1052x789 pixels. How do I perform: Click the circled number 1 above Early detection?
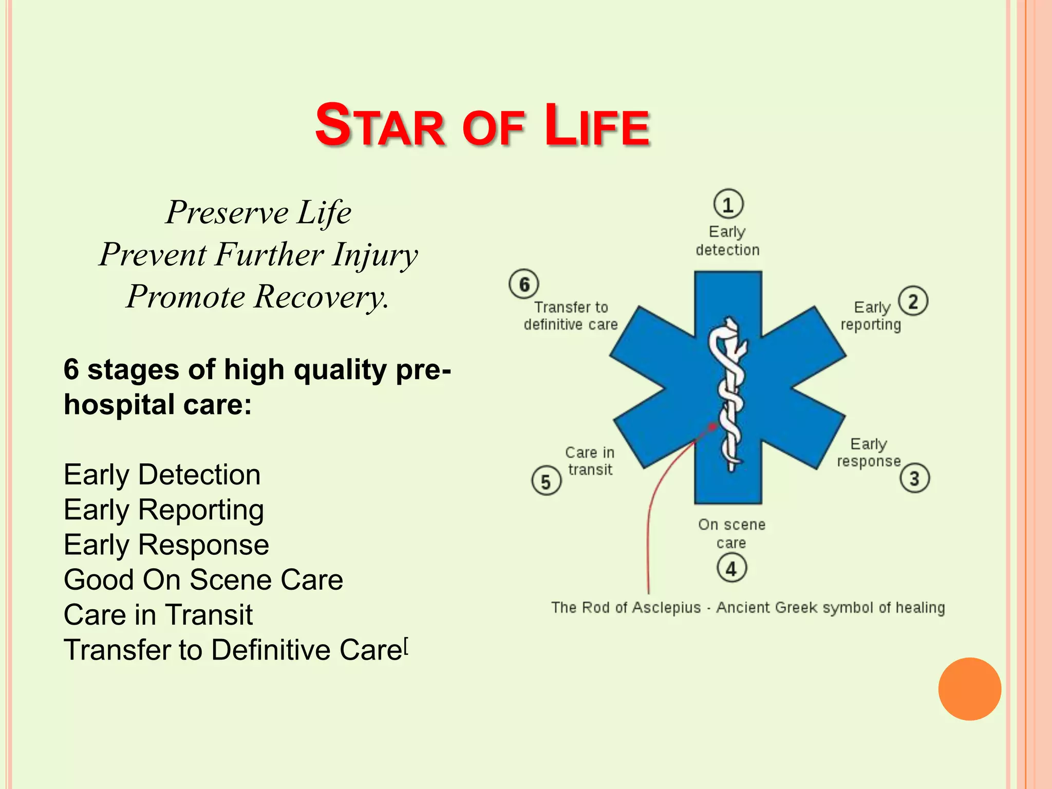pos(728,204)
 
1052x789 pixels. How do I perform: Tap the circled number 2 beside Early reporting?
pos(913,301)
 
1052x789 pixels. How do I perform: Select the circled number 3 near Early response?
pos(914,478)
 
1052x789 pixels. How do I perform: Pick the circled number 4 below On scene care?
pos(731,568)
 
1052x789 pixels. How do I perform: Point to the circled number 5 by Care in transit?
pos(546,481)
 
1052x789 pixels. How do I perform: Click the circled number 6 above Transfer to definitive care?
pos(524,284)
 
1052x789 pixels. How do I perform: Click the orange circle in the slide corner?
pos(969,689)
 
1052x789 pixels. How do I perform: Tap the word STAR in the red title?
pos(380,126)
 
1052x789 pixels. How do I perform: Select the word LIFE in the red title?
pos(597,126)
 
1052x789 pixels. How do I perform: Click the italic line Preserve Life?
pos(258,212)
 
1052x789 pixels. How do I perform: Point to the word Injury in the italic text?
pos(374,255)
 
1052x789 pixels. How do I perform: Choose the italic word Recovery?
pos(321,297)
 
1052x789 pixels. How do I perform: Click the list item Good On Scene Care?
pos(203,580)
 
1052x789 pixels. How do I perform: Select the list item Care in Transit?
pos(158,615)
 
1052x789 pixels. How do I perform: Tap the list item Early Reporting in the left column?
pos(164,510)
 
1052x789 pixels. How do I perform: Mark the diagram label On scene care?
pos(731,533)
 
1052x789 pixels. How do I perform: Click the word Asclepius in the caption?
pos(666,608)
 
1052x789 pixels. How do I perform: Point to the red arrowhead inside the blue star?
pos(713,426)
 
